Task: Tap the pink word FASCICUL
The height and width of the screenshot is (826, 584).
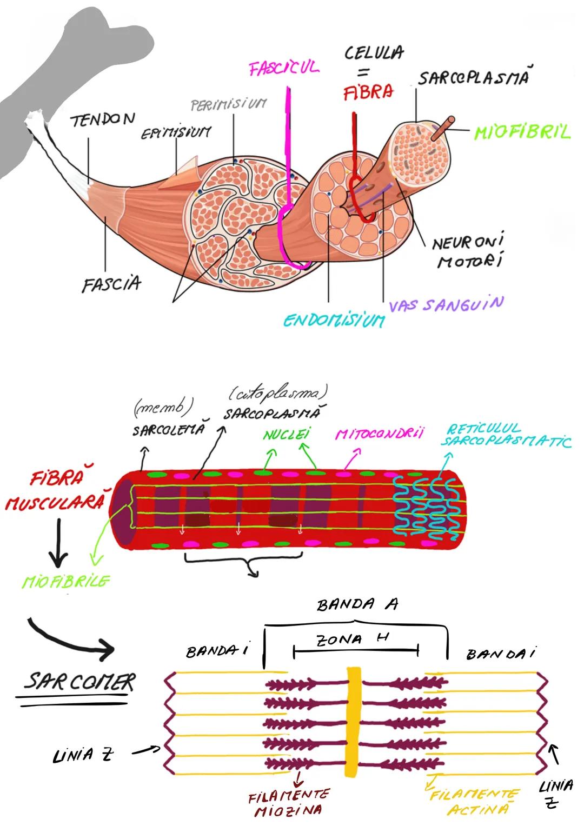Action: click(284, 68)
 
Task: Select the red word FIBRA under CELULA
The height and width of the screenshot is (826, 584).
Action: click(368, 92)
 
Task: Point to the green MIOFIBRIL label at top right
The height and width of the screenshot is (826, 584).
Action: click(522, 132)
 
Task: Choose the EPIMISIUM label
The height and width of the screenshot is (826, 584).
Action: click(176, 132)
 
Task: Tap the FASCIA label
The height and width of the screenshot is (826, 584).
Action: click(111, 283)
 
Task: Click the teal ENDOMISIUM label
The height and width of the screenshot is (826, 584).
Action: click(334, 321)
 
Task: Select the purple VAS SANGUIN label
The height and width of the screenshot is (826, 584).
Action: click(446, 304)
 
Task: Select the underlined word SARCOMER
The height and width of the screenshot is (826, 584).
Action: click(79, 682)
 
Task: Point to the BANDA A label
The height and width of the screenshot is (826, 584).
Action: click(357, 604)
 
